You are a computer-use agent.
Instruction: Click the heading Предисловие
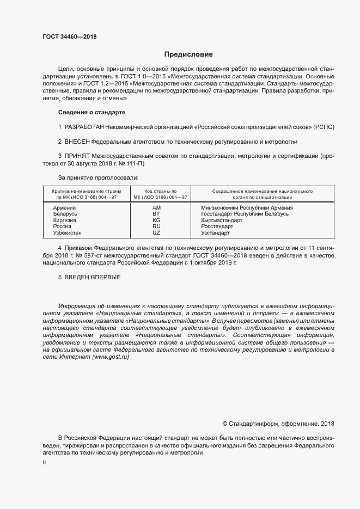pos(188,54)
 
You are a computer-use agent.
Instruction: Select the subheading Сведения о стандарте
pos(91,112)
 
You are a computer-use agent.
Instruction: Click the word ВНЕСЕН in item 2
pos(76,142)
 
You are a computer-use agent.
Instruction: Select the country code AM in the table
pos(157,208)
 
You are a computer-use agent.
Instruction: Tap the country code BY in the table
pos(157,214)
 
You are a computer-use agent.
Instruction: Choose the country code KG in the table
pos(157,220)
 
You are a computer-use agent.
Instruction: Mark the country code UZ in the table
pos(157,232)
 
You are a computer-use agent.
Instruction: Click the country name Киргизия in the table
pos(65,220)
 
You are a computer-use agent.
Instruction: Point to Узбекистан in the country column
pos(68,232)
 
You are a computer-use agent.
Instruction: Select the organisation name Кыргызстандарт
pos(222,220)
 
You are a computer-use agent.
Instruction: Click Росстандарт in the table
pos(217,226)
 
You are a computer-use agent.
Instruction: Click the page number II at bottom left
pos(44,462)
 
